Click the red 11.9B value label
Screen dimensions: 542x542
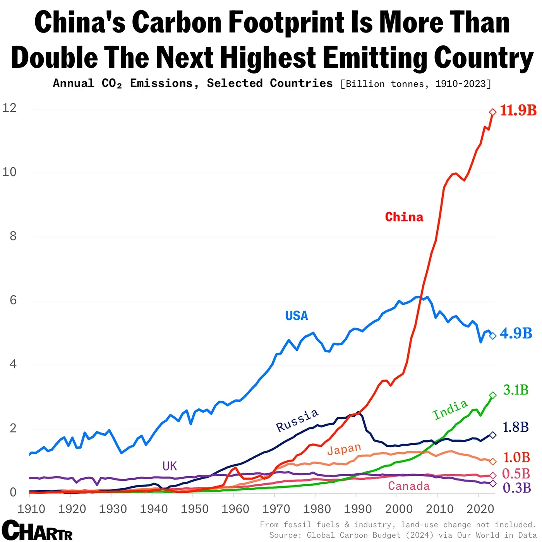click(518, 110)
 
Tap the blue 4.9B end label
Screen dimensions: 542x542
click(516, 333)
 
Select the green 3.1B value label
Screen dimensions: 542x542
click(516, 390)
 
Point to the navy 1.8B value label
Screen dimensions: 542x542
click(516, 427)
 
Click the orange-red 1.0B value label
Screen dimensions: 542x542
click(516, 457)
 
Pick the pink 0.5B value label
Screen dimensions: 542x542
click(516, 473)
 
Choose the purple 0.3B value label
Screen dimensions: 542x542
click(516, 488)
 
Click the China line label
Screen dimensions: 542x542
click(404, 217)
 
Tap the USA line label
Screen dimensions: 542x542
click(297, 316)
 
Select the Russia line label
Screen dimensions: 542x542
click(297, 420)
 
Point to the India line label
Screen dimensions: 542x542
click(450, 410)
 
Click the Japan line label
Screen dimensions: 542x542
click(344, 449)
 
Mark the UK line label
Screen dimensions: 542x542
click(170, 466)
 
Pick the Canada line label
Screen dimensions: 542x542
click(409, 486)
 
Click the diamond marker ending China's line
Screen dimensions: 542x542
click(493, 112)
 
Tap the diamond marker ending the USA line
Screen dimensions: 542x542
click(493, 336)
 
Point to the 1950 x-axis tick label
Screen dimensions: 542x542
click(195, 509)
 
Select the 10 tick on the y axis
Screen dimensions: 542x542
click(10, 172)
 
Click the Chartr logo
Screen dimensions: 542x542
click(37, 530)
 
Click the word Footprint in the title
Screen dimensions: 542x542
click(287, 22)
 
